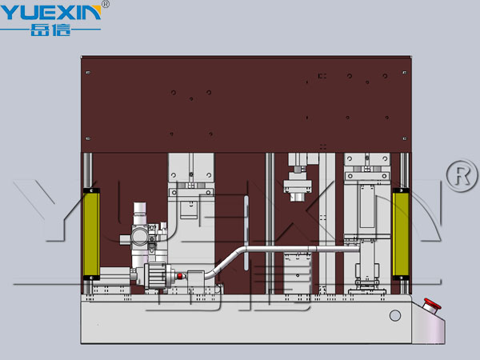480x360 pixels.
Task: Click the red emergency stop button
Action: point(432,305)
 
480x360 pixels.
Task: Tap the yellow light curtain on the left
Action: point(91,234)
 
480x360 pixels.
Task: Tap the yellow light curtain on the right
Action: point(401,234)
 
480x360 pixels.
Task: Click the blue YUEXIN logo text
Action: point(50,12)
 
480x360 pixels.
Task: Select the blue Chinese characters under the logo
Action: point(51,30)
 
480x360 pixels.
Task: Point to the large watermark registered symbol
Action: point(462,175)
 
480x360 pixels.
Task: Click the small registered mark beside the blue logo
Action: point(105,4)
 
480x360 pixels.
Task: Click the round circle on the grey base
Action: point(395,315)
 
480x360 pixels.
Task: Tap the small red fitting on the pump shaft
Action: point(180,276)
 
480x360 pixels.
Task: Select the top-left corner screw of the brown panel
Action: point(88,73)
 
